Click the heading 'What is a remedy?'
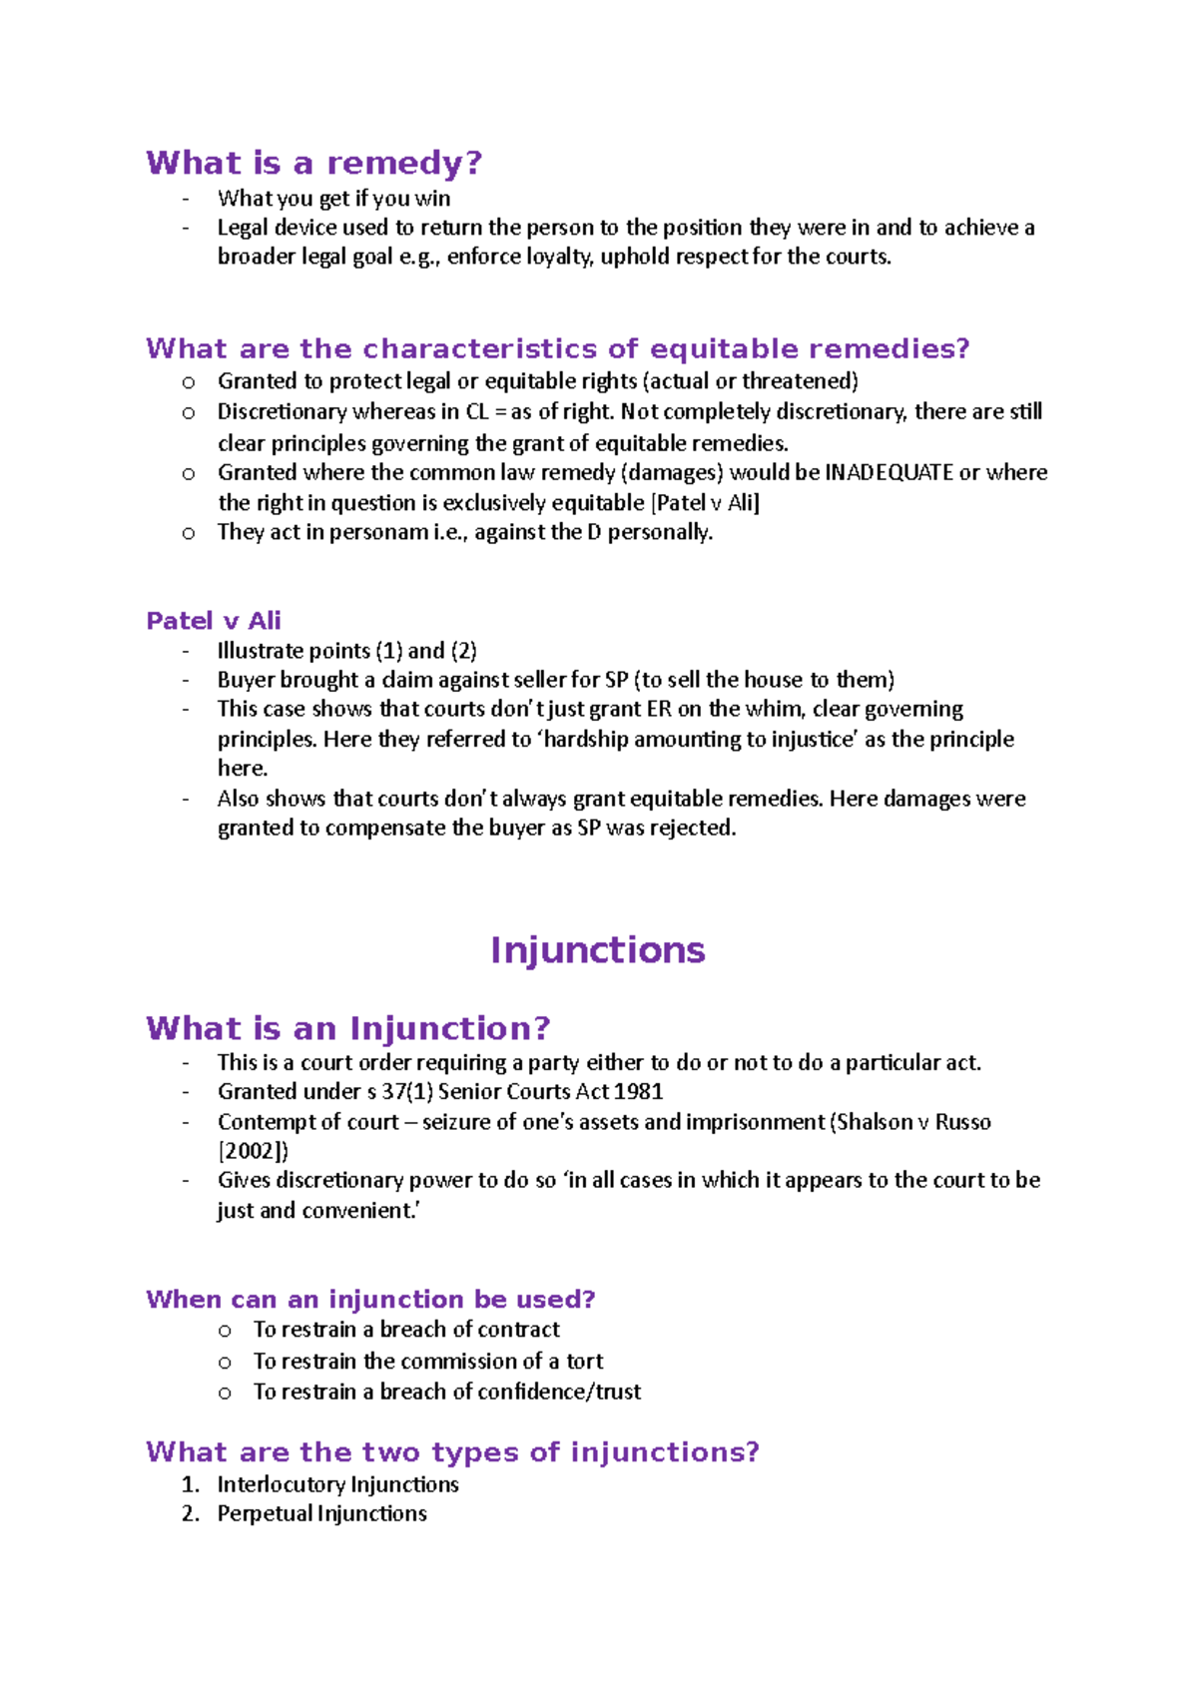coord(313,163)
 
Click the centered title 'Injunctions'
coord(597,949)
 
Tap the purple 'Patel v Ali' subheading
coord(214,621)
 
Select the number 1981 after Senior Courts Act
coord(639,1092)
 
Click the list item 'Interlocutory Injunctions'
coord(337,1484)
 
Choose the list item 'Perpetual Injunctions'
coord(321,1514)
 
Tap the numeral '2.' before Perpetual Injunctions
coord(191,1514)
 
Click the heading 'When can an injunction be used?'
coord(370,1300)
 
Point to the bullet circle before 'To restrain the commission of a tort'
coord(225,1363)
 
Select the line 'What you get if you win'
coord(333,199)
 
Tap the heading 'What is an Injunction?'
coord(347,1028)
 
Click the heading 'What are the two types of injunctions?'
coord(452,1452)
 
